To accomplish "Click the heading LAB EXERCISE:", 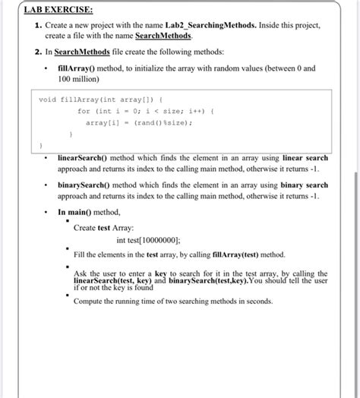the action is coord(58,10).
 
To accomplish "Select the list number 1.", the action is coord(37,25).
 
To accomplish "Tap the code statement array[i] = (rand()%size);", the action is coord(138,122).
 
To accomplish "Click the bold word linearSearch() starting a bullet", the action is coord(87,158).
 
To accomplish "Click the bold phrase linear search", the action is coord(305,158).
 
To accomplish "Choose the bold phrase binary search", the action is coord(305,185).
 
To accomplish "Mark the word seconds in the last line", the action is coord(255,302).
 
